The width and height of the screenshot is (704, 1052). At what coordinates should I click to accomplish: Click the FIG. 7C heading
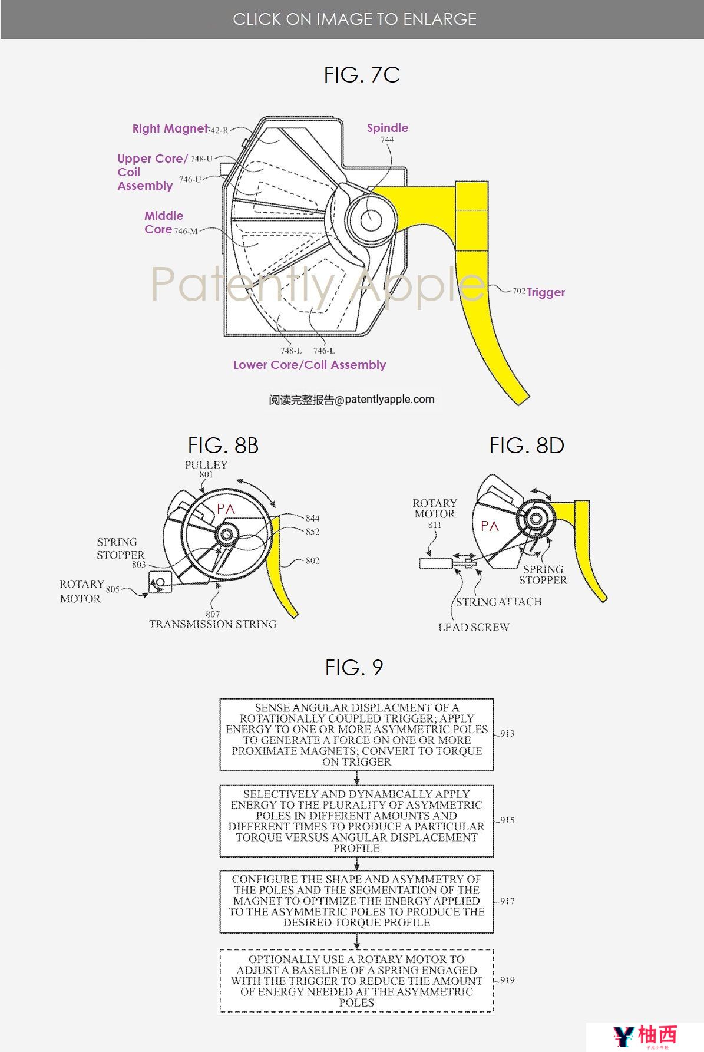click(x=362, y=75)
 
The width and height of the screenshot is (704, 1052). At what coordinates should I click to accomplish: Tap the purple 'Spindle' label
click(x=387, y=128)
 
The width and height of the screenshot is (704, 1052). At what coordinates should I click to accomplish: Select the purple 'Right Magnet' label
click(x=170, y=128)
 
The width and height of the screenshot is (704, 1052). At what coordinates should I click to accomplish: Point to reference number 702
click(x=518, y=291)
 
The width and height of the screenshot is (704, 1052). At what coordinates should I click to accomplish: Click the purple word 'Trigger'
click(x=546, y=292)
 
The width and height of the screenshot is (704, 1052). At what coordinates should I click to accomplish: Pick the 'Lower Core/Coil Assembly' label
click(x=309, y=365)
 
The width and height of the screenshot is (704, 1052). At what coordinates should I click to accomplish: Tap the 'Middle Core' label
click(x=163, y=223)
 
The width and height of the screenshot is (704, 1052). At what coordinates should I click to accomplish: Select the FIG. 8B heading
click(x=223, y=446)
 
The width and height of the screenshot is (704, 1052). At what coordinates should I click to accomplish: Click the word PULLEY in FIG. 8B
click(x=206, y=464)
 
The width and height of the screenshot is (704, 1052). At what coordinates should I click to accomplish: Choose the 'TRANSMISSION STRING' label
click(x=213, y=624)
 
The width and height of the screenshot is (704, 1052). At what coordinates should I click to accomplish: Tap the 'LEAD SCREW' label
click(x=474, y=627)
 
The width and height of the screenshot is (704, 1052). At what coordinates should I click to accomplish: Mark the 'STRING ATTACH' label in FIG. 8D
click(x=498, y=602)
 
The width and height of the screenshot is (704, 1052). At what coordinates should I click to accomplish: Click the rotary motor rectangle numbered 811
click(x=435, y=563)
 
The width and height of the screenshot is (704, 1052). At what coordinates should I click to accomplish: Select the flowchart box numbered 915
click(x=356, y=821)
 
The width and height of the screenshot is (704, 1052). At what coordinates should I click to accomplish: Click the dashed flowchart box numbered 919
click(x=356, y=981)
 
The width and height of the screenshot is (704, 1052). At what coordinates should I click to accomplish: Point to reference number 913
click(x=507, y=733)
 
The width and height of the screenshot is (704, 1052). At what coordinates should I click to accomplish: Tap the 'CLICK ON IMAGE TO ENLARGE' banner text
click(x=355, y=19)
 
